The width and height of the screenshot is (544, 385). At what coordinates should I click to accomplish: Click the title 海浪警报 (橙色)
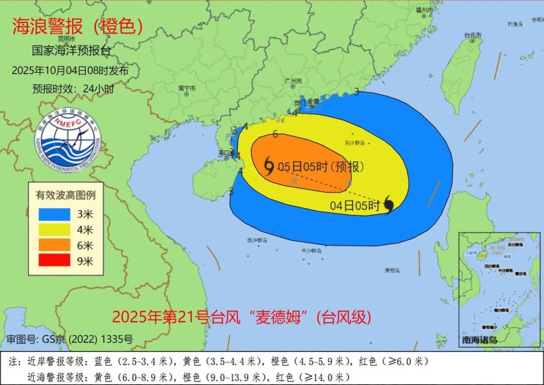[x=78, y=27]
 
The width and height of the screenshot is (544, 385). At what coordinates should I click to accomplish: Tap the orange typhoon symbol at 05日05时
[x=269, y=165]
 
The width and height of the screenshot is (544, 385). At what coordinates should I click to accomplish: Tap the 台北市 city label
[x=473, y=34]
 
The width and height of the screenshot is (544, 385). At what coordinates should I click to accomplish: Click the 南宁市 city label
[x=187, y=88]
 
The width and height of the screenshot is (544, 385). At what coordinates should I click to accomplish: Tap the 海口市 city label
[x=225, y=153]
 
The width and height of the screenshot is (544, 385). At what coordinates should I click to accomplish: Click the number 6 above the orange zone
[x=275, y=134]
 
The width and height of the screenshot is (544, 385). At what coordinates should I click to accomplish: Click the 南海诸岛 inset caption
[x=479, y=339]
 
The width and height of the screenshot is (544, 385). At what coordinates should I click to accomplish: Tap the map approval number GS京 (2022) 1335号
[x=69, y=338]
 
